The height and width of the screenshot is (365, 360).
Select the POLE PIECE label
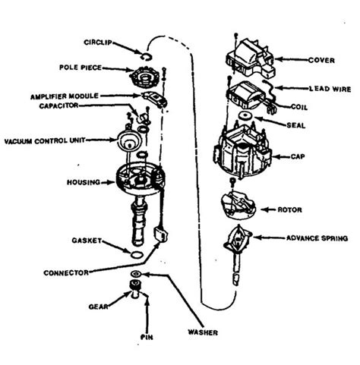pos(80,67)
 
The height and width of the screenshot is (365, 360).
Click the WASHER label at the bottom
pos(201,332)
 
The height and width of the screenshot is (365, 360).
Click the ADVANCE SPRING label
pos(317,238)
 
